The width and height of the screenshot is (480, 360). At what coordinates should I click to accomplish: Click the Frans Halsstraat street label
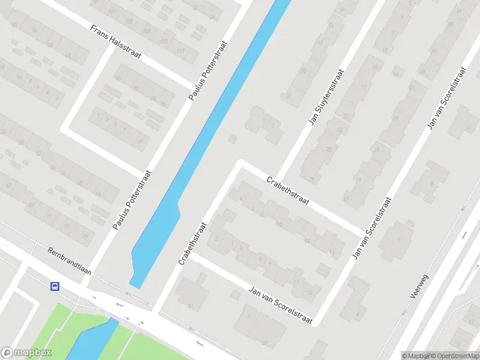click(x=116, y=42)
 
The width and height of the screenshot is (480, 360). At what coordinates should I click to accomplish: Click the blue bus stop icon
click(x=55, y=286)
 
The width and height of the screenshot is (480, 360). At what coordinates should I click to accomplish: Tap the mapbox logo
click(x=26, y=353)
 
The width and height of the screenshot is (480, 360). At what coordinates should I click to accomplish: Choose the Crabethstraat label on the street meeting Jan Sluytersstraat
click(x=288, y=190)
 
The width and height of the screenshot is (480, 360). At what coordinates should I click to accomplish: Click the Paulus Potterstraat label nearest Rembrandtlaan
click(x=132, y=200)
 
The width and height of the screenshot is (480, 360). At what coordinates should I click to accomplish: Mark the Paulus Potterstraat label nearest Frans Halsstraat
click(x=208, y=70)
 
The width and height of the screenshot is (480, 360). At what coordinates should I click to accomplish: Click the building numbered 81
click(x=191, y=307)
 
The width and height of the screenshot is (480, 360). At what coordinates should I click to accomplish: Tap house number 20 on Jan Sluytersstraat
click(x=304, y=71)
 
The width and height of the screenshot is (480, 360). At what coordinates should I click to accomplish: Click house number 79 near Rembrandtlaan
click(x=85, y=236)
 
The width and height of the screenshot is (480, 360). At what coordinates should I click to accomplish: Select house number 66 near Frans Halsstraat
click(x=118, y=79)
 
